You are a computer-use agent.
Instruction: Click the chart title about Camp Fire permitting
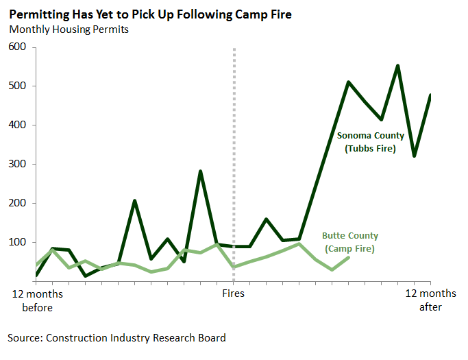pyautogui.click(x=150, y=14)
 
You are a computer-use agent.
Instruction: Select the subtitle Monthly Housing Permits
pyautogui.click(x=69, y=29)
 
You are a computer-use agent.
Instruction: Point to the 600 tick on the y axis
pyautogui.click(x=17, y=47)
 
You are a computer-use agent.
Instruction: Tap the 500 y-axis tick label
pyautogui.click(x=17, y=86)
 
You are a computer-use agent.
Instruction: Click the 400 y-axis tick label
pyautogui.click(x=17, y=125)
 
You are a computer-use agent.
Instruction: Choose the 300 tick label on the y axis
pyautogui.click(x=17, y=165)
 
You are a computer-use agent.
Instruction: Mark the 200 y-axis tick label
pyautogui.click(x=17, y=204)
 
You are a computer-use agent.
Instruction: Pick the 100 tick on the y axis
pyautogui.click(x=17, y=243)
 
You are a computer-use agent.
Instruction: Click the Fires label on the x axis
pyautogui.click(x=234, y=293)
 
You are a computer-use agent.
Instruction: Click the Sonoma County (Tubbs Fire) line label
pyautogui.click(x=371, y=142)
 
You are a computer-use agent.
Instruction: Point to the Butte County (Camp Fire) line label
pyautogui.click(x=349, y=242)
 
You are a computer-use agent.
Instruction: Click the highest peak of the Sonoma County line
pyautogui.click(x=398, y=66)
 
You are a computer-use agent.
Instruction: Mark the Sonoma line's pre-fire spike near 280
pyautogui.click(x=200, y=171)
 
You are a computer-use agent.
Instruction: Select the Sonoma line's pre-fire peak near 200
pyautogui.click(x=135, y=201)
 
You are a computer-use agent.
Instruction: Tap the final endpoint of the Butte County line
pyautogui.click(x=349, y=257)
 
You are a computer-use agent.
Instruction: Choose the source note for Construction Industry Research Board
pyautogui.click(x=116, y=337)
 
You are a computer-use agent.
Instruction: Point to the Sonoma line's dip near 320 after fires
pyautogui.click(x=415, y=156)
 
